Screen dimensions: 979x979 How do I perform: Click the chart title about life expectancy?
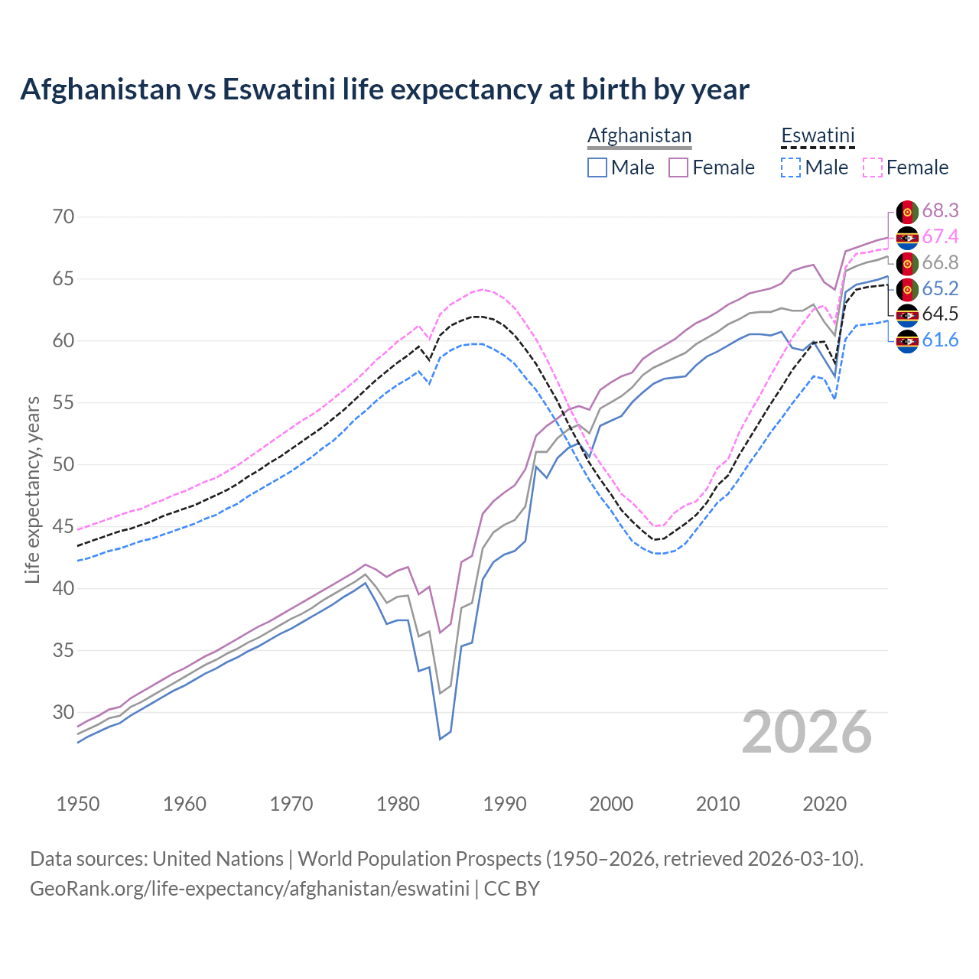pyautogui.click(x=385, y=89)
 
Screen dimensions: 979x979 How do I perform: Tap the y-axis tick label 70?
pyautogui.click(x=63, y=216)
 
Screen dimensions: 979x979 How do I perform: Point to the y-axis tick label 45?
pyautogui.click(x=63, y=526)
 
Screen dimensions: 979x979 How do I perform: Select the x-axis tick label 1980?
pyautogui.click(x=398, y=804)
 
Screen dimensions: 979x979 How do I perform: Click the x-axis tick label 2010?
pyautogui.click(x=717, y=804)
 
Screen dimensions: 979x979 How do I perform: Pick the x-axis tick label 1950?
pyautogui.click(x=78, y=804)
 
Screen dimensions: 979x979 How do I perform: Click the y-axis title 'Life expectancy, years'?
pyautogui.click(x=32, y=489)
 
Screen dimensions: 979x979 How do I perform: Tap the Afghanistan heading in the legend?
pyautogui.click(x=639, y=135)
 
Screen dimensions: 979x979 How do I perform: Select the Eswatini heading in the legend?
pyautogui.click(x=817, y=135)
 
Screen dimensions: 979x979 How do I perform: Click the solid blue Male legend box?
pyautogui.click(x=597, y=168)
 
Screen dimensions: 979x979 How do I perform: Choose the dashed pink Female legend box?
pyautogui.click(x=873, y=168)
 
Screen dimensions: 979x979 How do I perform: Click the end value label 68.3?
pyautogui.click(x=940, y=210)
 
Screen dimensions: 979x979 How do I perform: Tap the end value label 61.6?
pyautogui.click(x=940, y=340)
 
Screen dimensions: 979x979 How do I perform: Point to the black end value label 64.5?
pyautogui.click(x=940, y=314)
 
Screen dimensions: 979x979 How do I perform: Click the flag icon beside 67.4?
pyautogui.click(x=907, y=237)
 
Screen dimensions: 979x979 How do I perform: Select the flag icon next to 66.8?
pyautogui.click(x=907, y=263)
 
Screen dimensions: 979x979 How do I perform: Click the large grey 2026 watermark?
pyautogui.click(x=807, y=732)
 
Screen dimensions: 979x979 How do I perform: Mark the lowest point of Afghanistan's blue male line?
pyautogui.click(x=440, y=739)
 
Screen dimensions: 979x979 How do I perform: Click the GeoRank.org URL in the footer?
pyautogui.click(x=249, y=889)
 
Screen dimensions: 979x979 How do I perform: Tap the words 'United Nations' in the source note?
pyautogui.click(x=218, y=858)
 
